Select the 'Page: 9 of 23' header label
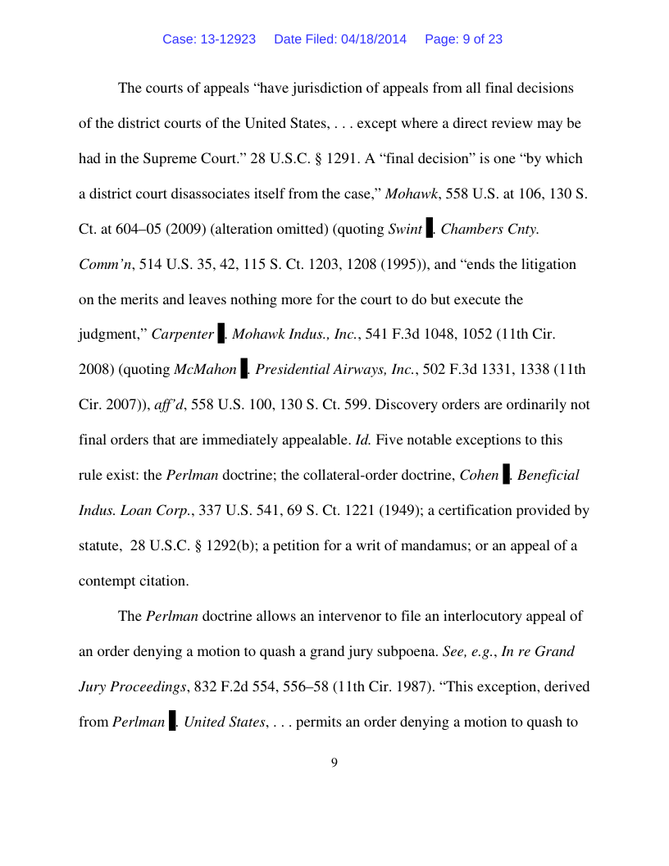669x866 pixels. [463, 39]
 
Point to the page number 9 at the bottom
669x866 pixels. [334, 763]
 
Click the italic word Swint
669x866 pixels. [405, 229]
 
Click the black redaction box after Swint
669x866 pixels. [430, 229]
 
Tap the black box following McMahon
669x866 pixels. [243, 370]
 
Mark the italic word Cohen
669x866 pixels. [479, 475]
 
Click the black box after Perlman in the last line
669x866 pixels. [172, 722]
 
